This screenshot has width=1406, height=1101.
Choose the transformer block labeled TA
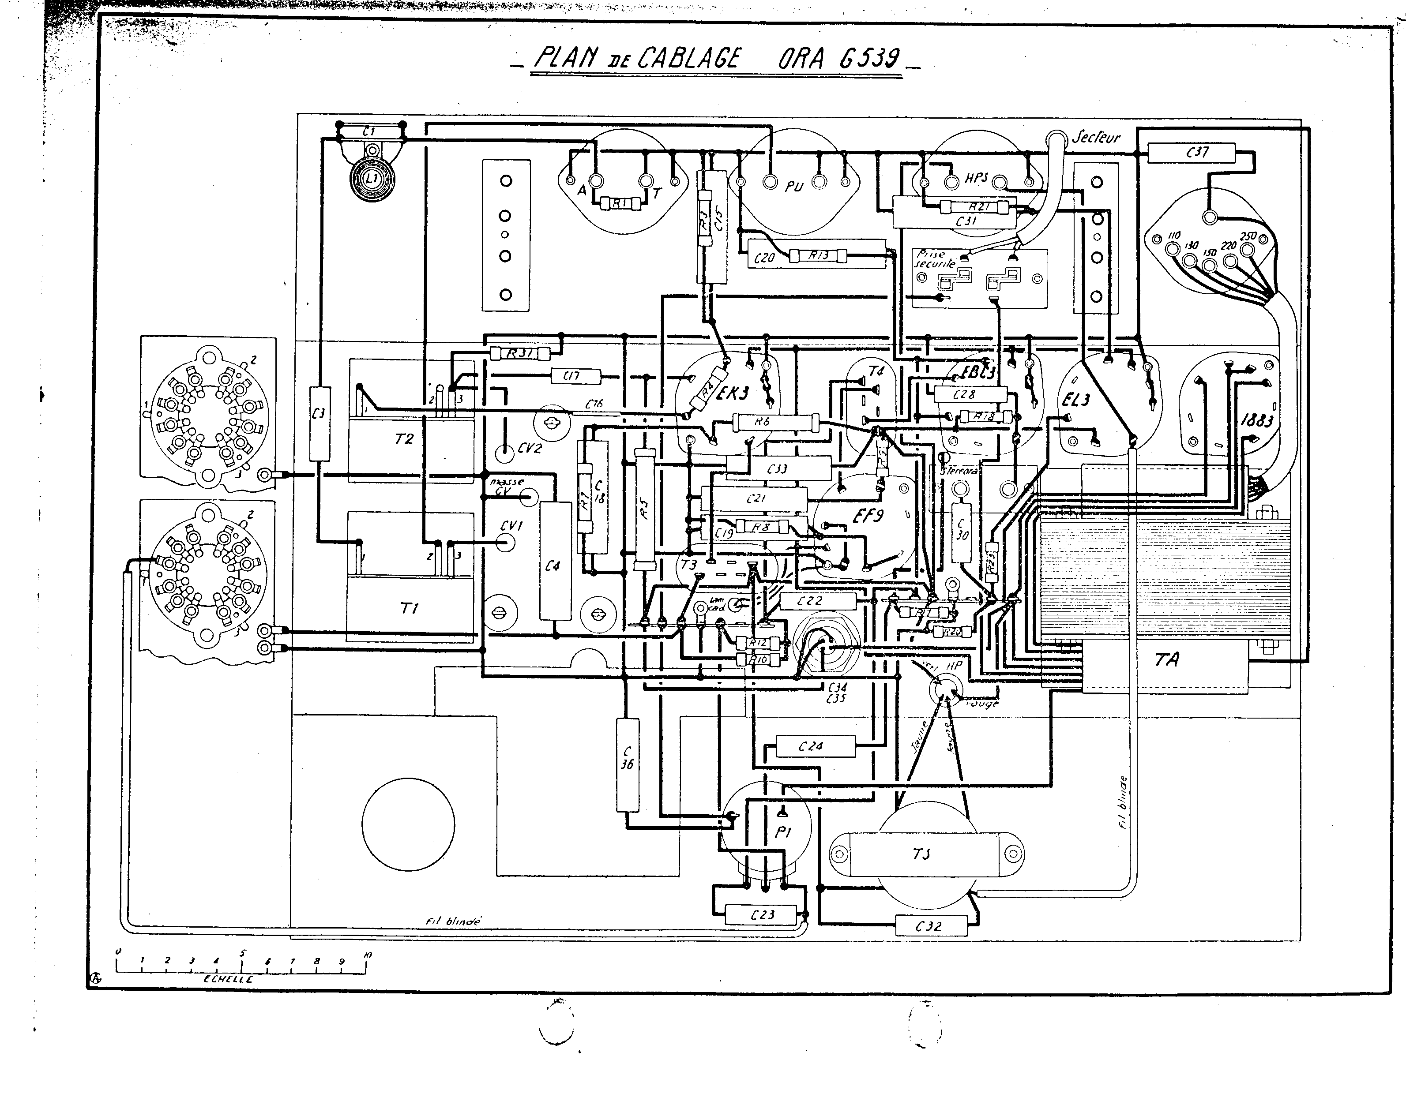1166,659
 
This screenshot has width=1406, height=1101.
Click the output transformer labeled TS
921,854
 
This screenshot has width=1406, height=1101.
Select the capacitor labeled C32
930,926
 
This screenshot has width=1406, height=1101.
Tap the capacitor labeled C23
762,914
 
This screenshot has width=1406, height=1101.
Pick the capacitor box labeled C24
815,746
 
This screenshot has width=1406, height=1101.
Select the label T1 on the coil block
410,607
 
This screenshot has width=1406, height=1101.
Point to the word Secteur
1096,137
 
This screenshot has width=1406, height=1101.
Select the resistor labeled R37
519,353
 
